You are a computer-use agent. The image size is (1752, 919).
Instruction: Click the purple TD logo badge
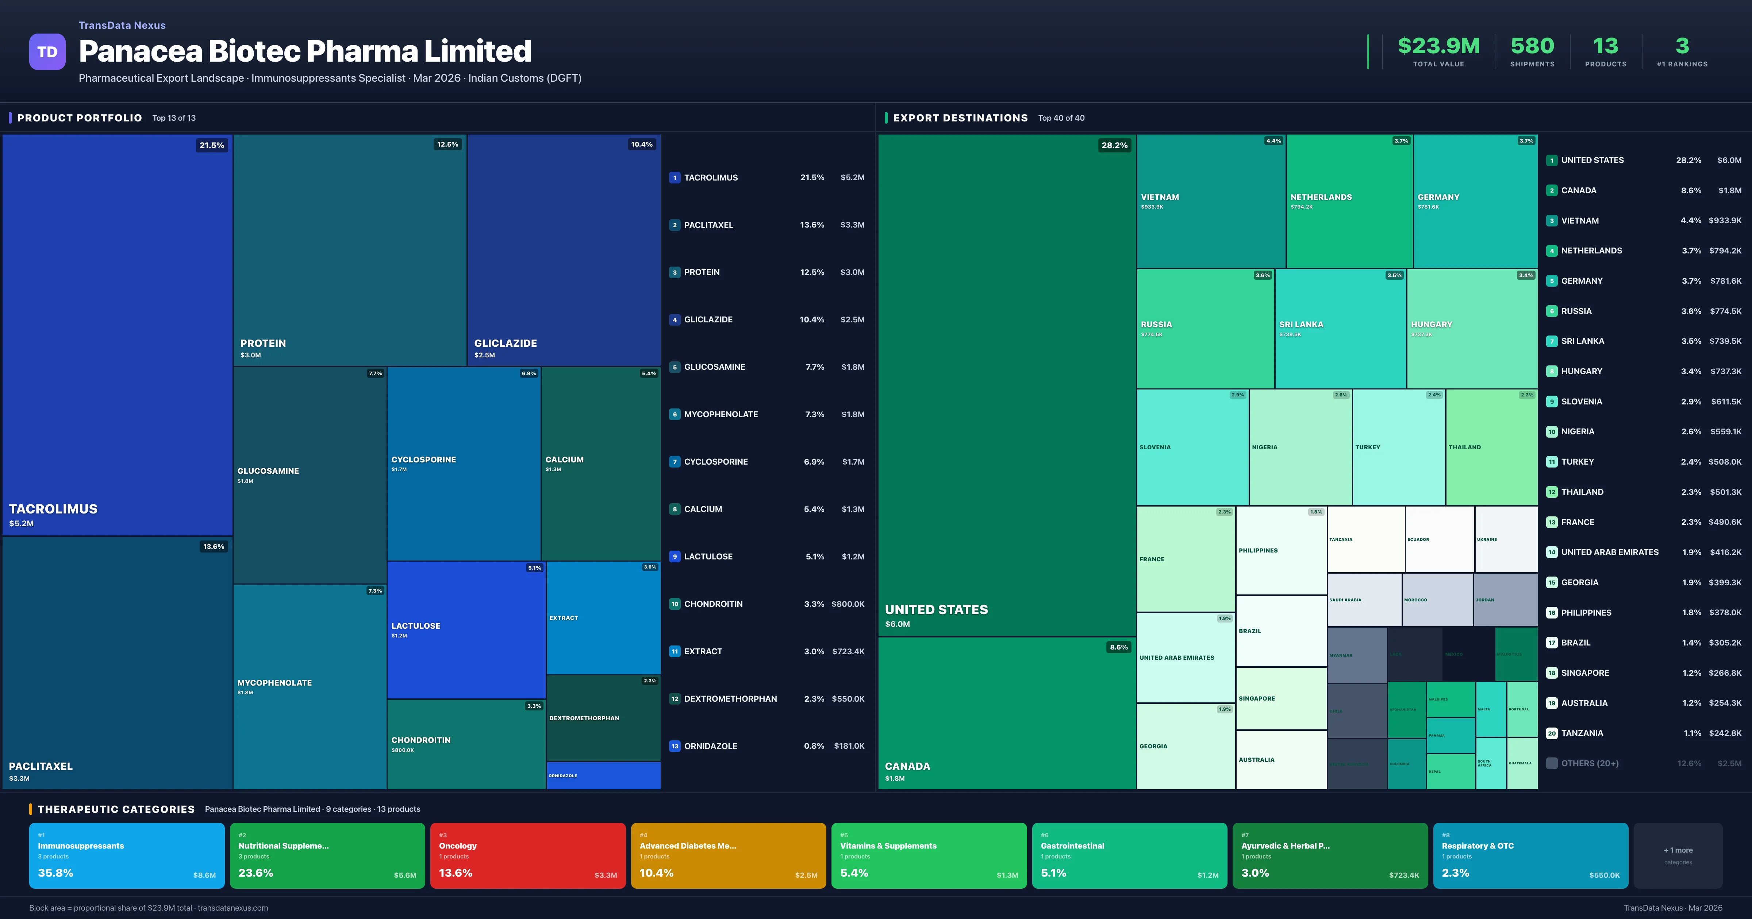click(x=47, y=52)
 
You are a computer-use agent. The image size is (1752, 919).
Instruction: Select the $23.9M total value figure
click(x=1438, y=46)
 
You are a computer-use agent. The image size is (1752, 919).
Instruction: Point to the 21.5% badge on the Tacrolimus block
click(x=212, y=146)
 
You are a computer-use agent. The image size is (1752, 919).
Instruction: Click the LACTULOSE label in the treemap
click(x=416, y=626)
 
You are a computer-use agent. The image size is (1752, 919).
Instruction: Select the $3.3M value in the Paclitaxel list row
click(x=852, y=225)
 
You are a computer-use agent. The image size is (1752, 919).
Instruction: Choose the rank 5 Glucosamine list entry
click(x=714, y=367)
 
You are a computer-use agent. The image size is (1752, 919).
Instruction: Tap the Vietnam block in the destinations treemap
click(x=1211, y=201)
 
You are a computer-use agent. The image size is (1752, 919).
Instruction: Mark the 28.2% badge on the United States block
click(x=1114, y=146)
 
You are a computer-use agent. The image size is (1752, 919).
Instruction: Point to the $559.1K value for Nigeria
click(x=1725, y=432)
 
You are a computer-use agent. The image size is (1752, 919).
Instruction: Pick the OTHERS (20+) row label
click(x=1590, y=763)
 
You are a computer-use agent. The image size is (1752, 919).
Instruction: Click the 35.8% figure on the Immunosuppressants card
click(x=56, y=873)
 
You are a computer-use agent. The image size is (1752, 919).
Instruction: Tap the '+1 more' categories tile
click(x=1678, y=855)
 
